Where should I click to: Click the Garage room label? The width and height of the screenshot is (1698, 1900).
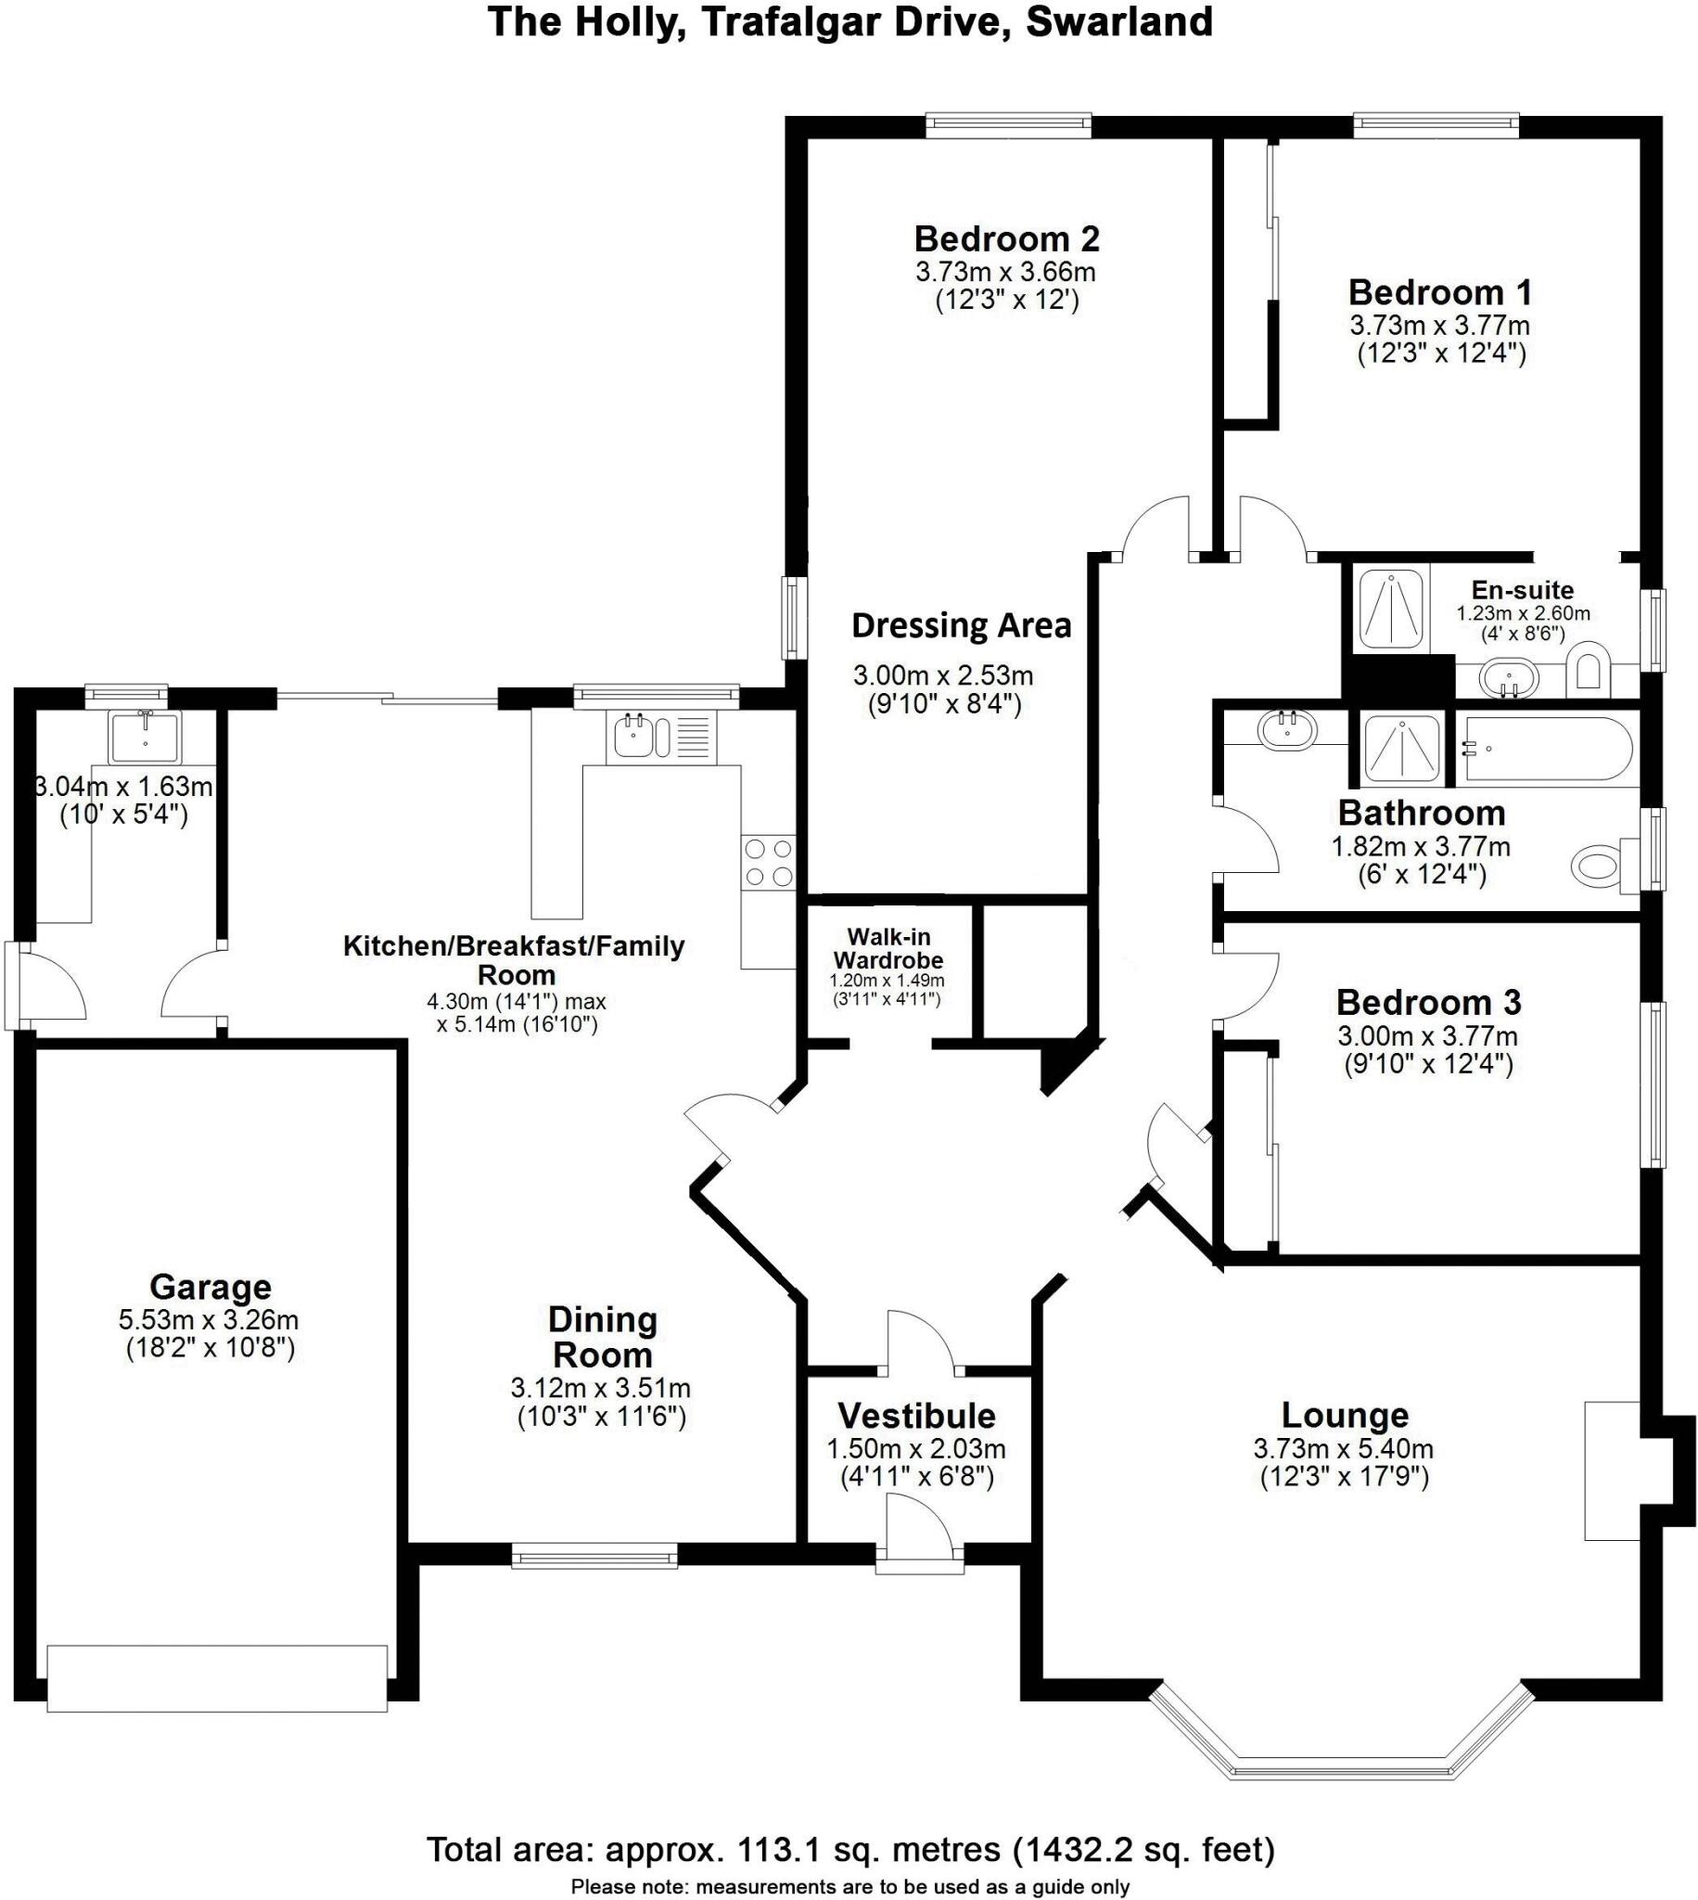pos(210,1287)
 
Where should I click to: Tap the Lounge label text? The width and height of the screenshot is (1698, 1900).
pos(1345,1415)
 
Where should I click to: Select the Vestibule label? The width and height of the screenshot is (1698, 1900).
pos(916,1416)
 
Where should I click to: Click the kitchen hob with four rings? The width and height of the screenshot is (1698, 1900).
pos(768,862)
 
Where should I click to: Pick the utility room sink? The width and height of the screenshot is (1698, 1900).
pos(145,738)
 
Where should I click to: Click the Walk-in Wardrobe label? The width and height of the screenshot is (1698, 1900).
pos(887,948)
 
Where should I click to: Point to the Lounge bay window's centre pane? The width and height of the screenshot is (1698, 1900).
pos(1345,1767)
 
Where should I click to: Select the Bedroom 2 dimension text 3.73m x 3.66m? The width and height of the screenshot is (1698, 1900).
pos(1006,273)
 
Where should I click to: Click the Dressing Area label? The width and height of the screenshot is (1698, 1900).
pos(961,625)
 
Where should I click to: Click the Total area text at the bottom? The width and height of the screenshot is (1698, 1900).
pos(850,1849)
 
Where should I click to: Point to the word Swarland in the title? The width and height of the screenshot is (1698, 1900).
pos(1118,21)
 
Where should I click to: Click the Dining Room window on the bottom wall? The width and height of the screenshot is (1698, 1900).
pos(594,1554)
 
